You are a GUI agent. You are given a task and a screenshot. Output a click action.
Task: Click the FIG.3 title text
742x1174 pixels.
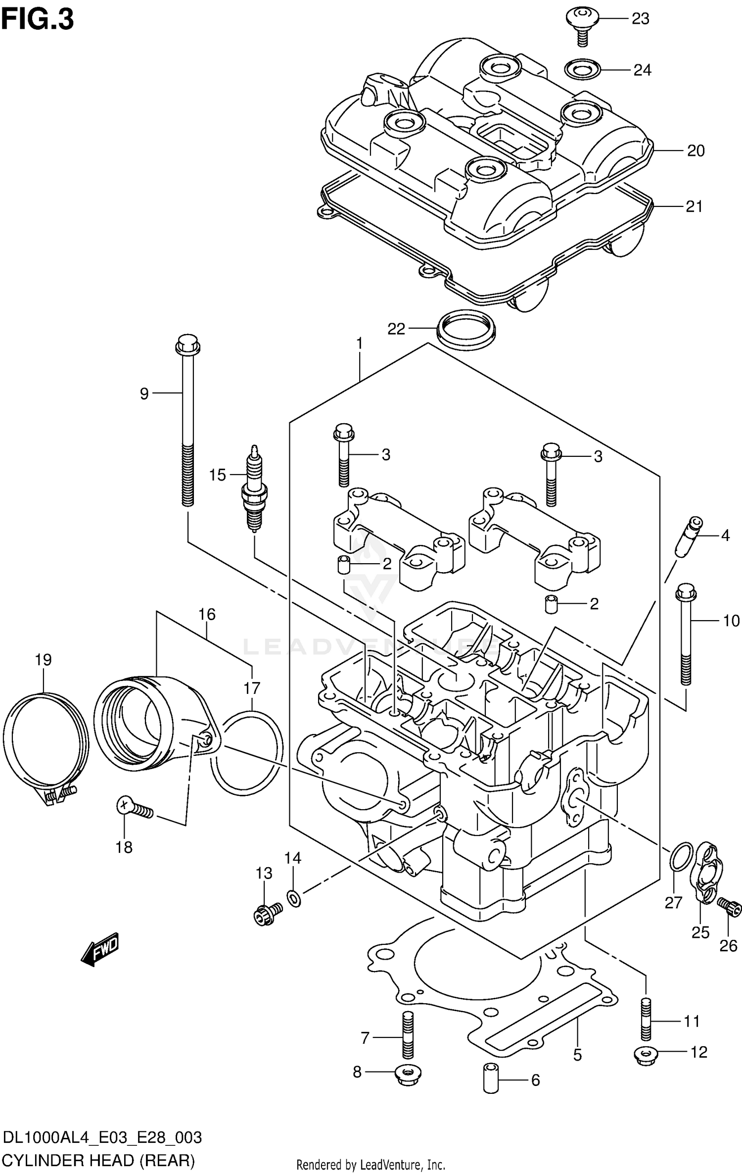[x=38, y=20]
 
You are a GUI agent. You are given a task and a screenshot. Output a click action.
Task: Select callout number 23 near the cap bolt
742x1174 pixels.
[x=640, y=19]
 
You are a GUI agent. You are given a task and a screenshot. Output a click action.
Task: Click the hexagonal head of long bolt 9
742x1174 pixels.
[x=187, y=345]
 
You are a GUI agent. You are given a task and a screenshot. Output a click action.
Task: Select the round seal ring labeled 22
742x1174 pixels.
[x=466, y=329]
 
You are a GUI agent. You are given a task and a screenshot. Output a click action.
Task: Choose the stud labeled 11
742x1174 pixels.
[x=646, y=1019]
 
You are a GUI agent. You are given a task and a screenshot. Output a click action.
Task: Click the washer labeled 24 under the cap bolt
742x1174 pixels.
[x=583, y=69]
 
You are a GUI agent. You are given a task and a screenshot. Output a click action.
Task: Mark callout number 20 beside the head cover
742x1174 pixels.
[x=696, y=150]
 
